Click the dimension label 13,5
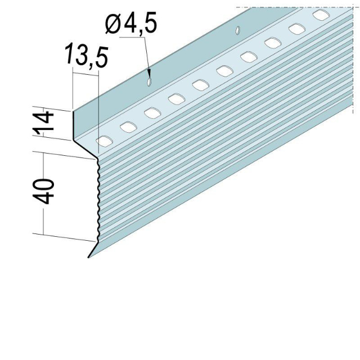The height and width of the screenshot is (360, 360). point(85,57)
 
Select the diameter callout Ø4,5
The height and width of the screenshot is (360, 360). point(130,25)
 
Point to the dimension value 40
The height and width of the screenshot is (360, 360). point(47,192)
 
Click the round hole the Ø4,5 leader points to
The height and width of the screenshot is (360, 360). point(148,82)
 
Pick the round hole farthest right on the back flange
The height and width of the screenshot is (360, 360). point(238,28)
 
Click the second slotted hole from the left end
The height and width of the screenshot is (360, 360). point(128,126)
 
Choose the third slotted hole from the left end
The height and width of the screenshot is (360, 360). point(152,112)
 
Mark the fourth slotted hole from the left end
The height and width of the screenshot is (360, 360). point(176,99)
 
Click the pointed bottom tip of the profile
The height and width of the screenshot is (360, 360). point(89,257)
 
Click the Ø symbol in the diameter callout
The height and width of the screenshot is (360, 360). point(112,25)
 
